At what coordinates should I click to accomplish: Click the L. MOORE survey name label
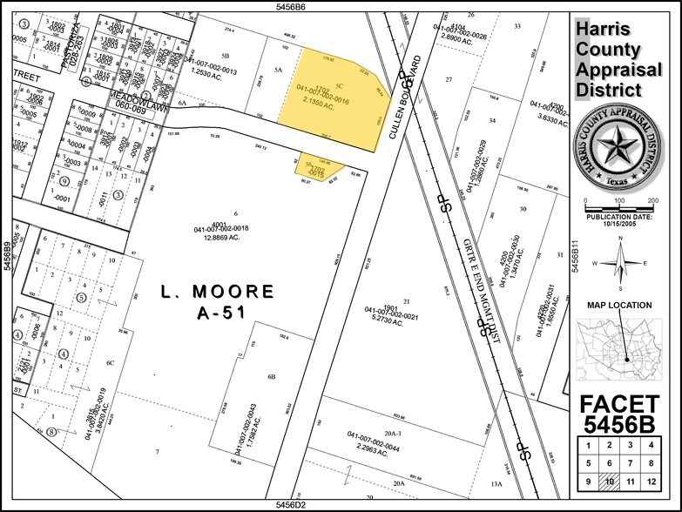point(218,290)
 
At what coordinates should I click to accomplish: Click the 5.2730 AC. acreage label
point(384,322)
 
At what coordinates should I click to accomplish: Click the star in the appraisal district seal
point(619,153)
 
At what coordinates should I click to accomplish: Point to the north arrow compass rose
point(619,262)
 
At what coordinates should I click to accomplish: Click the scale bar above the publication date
point(619,205)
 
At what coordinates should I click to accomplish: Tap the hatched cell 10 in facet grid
point(610,482)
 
